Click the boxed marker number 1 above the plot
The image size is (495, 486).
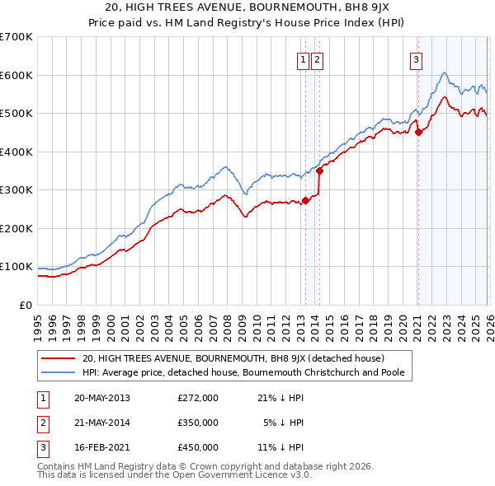[304, 58]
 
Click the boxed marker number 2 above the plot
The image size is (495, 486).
[318, 58]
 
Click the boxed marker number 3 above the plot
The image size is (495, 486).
[417, 58]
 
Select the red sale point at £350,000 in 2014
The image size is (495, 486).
[319, 171]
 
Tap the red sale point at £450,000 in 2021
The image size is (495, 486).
[418, 132]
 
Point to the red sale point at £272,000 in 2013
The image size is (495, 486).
[305, 200]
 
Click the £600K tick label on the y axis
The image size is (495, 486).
[16, 75]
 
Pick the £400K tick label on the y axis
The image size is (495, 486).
[16, 152]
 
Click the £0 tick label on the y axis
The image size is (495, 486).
[25, 305]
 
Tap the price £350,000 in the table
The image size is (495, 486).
[198, 423]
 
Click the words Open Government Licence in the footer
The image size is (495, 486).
[224, 475]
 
